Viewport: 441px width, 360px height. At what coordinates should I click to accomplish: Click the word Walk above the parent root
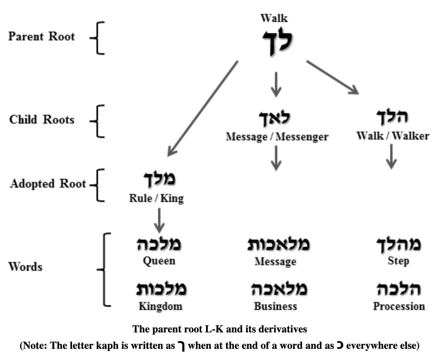(x=274, y=18)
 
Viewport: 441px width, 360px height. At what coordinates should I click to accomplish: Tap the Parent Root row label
(x=42, y=37)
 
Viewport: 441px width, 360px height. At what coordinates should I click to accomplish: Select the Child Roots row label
(x=42, y=120)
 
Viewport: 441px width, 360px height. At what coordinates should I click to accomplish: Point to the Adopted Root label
(x=48, y=184)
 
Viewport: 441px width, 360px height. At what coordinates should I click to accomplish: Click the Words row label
(x=26, y=267)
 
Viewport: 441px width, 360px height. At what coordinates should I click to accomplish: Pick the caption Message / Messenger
(x=277, y=137)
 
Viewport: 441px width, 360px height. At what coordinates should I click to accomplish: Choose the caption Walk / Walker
(x=393, y=136)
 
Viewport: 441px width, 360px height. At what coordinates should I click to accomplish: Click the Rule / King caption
(x=156, y=199)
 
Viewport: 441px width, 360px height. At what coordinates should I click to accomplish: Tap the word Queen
(x=159, y=261)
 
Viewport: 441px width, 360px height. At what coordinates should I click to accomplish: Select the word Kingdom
(x=160, y=307)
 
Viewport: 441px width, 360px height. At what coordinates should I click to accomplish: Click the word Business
(x=275, y=307)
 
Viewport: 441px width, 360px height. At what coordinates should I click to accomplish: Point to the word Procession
(x=399, y=307)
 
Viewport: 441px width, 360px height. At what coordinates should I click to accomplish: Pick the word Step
(x=398, y=262)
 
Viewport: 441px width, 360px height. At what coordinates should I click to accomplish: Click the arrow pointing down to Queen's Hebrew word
(x=159, y=220)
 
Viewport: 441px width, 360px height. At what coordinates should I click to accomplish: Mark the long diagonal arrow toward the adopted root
(x=202, y=108)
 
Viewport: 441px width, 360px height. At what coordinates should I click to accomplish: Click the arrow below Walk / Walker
(x=392, y=156)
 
